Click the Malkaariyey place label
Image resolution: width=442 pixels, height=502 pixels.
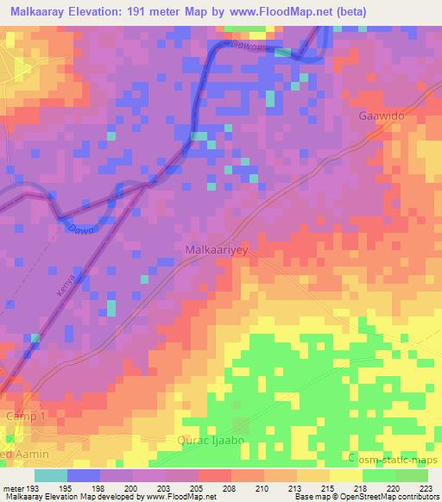click(217, 250)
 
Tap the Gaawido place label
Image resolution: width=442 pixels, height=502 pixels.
click(381, 115)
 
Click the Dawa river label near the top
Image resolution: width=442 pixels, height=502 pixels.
click(245, 47)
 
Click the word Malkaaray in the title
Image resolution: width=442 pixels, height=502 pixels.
click(41, 12)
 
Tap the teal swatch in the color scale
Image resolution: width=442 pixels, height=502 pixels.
click(51, 475)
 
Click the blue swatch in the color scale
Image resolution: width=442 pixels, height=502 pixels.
click(84, 475)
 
